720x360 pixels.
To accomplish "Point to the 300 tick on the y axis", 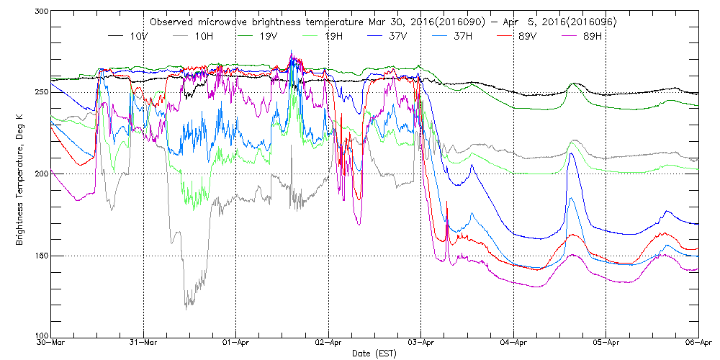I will point(40,12).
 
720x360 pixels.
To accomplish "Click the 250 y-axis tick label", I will point(40,92).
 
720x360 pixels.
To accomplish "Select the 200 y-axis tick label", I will point(40,174).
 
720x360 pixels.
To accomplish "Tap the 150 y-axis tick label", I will point(40,256).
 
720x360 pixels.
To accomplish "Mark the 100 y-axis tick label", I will point(40,336).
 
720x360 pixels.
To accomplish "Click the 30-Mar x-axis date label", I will point(52,344).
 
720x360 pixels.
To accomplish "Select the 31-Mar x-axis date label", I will point(144,344).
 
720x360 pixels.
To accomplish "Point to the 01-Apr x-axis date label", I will point(236,344).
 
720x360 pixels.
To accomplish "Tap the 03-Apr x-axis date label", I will point(421,344).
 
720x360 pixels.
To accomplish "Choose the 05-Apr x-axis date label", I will point(606,344).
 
